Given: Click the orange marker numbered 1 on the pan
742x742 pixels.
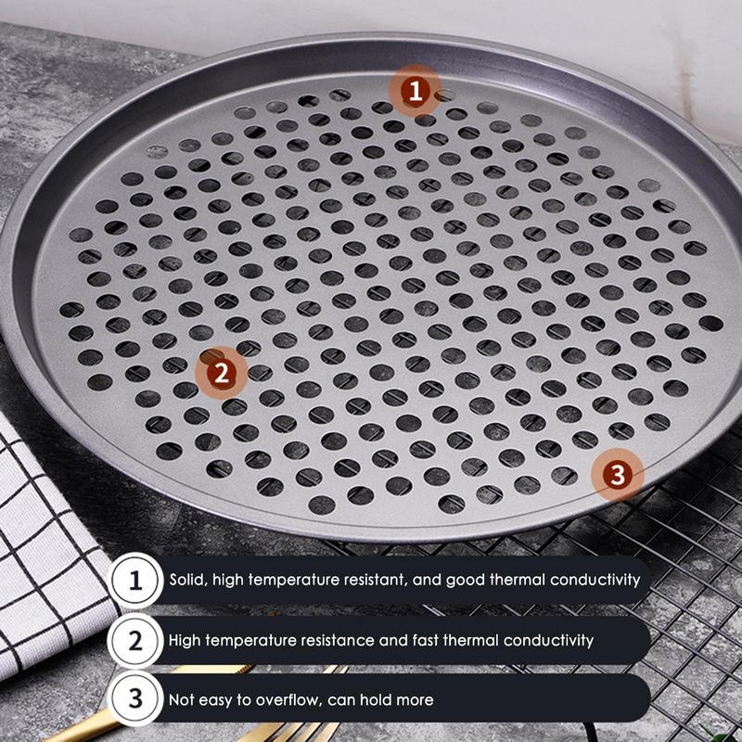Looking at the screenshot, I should pyautogui.click(x=415, y=91).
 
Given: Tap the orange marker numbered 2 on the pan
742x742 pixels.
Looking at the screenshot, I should pyautogui.click(x=221, y=373).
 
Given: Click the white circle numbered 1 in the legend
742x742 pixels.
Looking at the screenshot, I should pyautogui.click(x=135, y=582).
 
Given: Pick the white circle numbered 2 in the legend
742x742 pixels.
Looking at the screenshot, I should pyautogui.click(x=135, y=640).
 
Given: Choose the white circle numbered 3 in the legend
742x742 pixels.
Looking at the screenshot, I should pyautogui.click(x=135, y=699).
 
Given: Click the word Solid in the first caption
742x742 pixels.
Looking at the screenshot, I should pyautogui.click(x=187, y=581).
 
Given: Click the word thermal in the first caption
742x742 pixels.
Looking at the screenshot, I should pyautogui.click(x=524, y=581).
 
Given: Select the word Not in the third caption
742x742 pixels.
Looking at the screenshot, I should pyautogui.click(x=182, y=699).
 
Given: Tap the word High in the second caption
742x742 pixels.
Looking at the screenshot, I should pyautogui.click(x=185, y=640).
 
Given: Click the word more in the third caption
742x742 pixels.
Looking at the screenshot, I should pyautogui.click(x=416, y=699).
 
